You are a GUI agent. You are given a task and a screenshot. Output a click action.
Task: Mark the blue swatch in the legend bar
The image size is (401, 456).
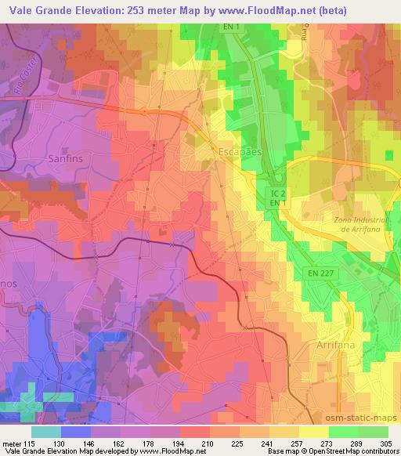[76, 431]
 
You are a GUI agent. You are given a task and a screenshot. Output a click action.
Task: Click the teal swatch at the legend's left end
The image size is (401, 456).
[45, 431]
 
